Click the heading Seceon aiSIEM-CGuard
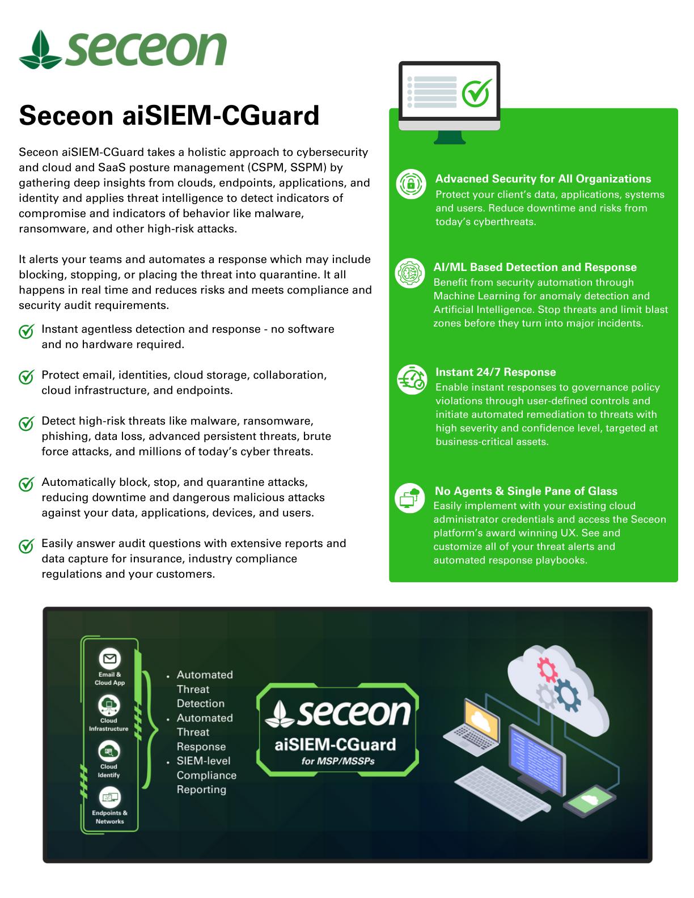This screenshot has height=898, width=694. pyautogui.click(x=169, y=116)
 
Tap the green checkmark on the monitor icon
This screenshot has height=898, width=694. pyautogui.click(x=476, y=93)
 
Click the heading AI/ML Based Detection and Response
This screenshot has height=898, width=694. pyautogui.click(x=535, y=268)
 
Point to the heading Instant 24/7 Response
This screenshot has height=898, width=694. pyautogui.click(x=495, y=372)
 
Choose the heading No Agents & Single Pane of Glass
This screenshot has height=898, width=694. pyautogui.click(x=526, y=492)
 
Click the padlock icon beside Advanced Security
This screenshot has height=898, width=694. pyautogui.click(x=411, y=184)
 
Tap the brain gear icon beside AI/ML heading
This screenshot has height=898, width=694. pyautogui.click(x=409, y=273)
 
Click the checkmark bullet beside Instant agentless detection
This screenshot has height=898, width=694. pyautogui.click(x=26, y=332)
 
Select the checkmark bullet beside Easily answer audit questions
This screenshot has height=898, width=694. pyautogui.click(x=26, y=546)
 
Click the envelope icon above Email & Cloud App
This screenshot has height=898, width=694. pyautogui.click(x=109, y=659)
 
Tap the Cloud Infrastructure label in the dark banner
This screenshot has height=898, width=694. pyautogui.click(x=109, y=725)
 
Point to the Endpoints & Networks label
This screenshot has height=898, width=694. pyautogui.click(x=109, y=817)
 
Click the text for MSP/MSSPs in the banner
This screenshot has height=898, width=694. pyautogui.click(x=338, y=761)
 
